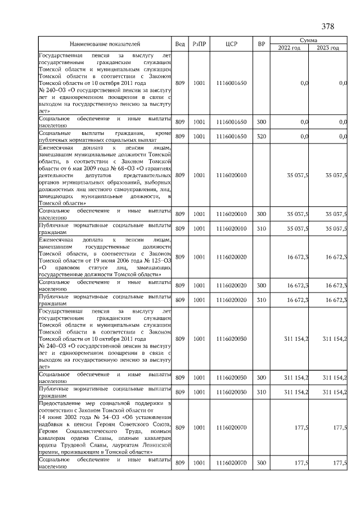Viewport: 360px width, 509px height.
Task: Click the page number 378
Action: tap(328, 26)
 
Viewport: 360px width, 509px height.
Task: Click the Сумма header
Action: tap(308, 40)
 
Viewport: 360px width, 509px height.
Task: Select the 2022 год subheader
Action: tap(289, 48)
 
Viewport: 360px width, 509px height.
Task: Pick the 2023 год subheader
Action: tap(327, 48)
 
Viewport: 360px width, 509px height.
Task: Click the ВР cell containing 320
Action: tap(261, 136)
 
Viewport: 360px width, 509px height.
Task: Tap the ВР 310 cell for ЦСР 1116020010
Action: tap(261, 228)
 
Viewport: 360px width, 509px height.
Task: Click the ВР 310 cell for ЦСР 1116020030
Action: tap(261, 391)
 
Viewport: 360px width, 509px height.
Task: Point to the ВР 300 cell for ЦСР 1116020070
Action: tap(261, 462)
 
